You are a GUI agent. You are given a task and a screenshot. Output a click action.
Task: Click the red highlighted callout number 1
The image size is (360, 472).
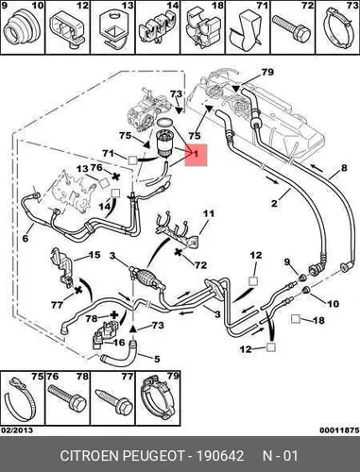coord(196,154)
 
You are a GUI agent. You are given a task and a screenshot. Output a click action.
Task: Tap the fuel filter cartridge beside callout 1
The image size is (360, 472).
coord(166,143)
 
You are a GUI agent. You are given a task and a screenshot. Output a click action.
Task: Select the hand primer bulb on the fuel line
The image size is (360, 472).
coord(146,276)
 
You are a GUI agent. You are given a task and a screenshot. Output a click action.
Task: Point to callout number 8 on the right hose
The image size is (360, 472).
coord(344,168)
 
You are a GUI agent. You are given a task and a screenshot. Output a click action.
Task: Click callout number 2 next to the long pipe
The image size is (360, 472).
coord(274,203)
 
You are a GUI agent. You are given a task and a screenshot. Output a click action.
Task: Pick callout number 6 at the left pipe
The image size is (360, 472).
coord(26,238)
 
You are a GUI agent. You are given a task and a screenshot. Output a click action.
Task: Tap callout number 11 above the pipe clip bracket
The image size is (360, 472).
coord(209,213)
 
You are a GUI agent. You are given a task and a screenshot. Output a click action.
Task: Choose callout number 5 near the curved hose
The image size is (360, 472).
coord(157,359)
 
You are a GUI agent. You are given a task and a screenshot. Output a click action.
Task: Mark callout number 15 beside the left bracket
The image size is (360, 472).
coord(94,255)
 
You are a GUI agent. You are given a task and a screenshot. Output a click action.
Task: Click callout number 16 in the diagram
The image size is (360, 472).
coord(119,342)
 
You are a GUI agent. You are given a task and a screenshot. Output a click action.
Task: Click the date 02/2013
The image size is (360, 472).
coord(17,430)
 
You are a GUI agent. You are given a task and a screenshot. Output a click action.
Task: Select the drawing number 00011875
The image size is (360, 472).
coord(339,430)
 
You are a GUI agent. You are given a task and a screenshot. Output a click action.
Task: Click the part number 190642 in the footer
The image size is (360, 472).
coord(220,456)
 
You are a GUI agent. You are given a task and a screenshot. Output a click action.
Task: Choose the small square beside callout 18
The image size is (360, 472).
coord(296,319)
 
